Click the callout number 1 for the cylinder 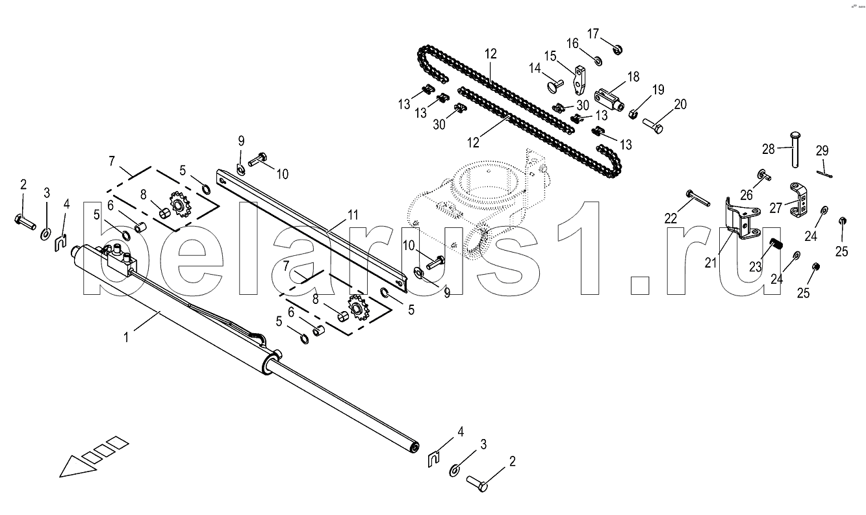tap(127, 338)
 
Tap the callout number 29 tap(822, 151)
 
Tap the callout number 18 tap(634, 77)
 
